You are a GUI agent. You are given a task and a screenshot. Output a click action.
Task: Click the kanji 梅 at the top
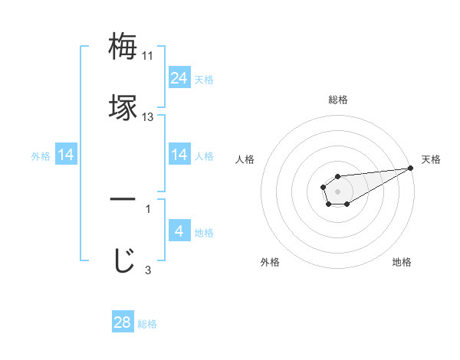(x=123, y=47)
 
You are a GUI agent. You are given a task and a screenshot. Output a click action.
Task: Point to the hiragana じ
(x=123, y=259)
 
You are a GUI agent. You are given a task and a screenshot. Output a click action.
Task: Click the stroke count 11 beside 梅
(x=148, y=56)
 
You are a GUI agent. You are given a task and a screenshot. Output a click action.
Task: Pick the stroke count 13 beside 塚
(x=148, y=117)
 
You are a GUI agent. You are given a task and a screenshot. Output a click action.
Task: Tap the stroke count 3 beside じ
(x=147, y=269)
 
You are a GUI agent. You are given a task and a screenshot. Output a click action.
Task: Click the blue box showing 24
(x=179, y=77)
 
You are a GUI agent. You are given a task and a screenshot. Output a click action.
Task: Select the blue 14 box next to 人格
(x=179, y=155)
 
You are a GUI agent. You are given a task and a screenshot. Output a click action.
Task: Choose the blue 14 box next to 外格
(x=66, y=155)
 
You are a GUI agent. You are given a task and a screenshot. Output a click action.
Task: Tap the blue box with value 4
(x=179, y=231)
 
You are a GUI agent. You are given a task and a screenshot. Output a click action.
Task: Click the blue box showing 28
(x=123, y=322)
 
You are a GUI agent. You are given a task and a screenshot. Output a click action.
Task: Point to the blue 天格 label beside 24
(x=204, y=79)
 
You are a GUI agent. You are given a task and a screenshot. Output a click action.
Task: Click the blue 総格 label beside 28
(x=147, y=324)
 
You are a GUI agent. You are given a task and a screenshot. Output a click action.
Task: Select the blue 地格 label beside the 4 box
(x=204, y=233)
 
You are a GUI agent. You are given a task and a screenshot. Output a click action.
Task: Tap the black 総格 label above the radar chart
(x=338, y=100)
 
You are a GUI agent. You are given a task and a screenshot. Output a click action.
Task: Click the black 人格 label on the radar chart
(x=245, y=159)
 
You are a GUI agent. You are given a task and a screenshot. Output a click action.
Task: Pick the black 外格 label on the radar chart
(x=270, y=262)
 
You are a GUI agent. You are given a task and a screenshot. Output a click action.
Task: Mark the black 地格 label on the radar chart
(x=402, y=262)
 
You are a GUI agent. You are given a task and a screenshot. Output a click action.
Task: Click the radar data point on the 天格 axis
(x=410, y=168)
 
